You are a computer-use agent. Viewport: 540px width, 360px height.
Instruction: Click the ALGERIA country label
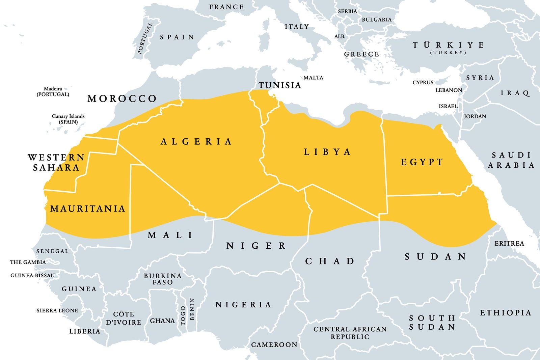[196, 141]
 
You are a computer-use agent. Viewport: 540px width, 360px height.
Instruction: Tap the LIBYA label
[327, 152]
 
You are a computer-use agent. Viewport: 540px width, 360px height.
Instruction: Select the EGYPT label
[422, 162]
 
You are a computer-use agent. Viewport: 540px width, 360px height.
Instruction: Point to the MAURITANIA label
[88, 209]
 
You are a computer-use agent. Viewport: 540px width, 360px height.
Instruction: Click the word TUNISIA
[280, 85]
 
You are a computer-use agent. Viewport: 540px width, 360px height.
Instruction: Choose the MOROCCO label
[122, 99]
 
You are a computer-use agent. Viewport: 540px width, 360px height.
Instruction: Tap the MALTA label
[313, 78]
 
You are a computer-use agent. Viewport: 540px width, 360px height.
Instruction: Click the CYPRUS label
[423, 82]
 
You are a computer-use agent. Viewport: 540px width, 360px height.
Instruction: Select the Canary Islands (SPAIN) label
[68, 119]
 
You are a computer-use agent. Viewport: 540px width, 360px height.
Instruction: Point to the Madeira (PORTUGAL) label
[53, 92]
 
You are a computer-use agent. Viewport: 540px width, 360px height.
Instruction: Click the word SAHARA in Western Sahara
[56, 168]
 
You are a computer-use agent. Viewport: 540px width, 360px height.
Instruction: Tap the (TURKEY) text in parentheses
[448, 53]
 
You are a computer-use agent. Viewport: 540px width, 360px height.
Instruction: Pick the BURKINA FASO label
[163, 279]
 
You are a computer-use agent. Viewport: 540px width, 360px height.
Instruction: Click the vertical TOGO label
[183, 315]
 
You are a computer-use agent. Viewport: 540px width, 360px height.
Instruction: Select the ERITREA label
[509, 243]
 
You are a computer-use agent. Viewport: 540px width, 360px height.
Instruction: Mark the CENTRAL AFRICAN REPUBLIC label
[350, 333]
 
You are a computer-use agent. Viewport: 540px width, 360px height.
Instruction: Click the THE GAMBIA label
[28, 262]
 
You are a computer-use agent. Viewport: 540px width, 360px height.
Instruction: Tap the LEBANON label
[449, 90]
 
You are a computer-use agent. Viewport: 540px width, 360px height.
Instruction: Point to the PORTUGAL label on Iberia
[145, 38]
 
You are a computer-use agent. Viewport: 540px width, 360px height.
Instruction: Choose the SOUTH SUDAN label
[432, 323]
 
